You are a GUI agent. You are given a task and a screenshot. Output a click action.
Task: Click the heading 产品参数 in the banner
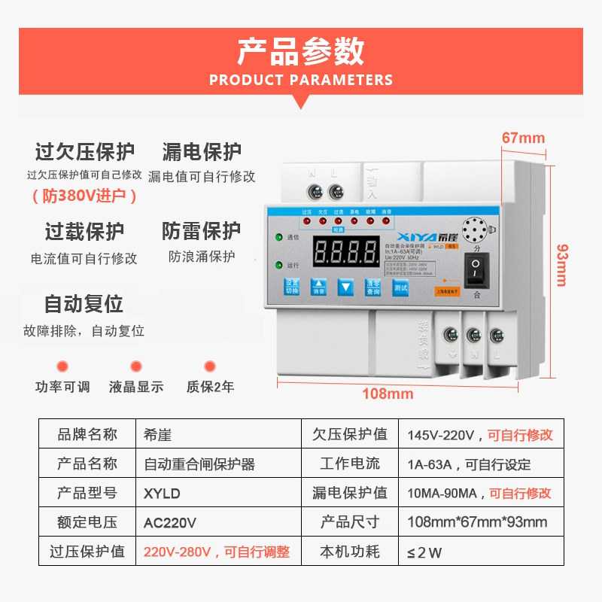click(x=300, y=51)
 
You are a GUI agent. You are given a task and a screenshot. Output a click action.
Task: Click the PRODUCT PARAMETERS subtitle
click(x=300, y=80)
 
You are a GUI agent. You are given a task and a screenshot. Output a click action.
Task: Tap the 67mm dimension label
click(x=523, y=138)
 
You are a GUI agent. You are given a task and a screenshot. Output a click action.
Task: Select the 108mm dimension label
click(x=388, y=394)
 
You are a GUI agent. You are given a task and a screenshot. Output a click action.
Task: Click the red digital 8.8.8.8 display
click(x=345, y=252)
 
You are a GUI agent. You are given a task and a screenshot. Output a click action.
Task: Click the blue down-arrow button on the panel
click(x=345, y=287)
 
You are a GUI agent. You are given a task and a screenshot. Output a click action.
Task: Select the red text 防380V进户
click(x=85, y=196)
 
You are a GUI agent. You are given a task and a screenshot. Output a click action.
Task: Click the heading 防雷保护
click(x=202, y=230)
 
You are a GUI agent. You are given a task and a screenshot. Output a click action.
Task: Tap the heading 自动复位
click(x=84, y=304)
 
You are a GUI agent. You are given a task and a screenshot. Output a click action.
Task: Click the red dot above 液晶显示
click(x=136, y=366)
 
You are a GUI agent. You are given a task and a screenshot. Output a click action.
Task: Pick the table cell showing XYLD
click(x=163, y=494)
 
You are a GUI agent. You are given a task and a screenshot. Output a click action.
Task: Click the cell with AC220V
click(x=170, y=522)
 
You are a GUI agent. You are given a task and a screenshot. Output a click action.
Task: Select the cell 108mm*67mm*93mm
click(x=477, y=522)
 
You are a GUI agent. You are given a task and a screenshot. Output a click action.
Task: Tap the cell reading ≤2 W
click(x=424, y=552)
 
